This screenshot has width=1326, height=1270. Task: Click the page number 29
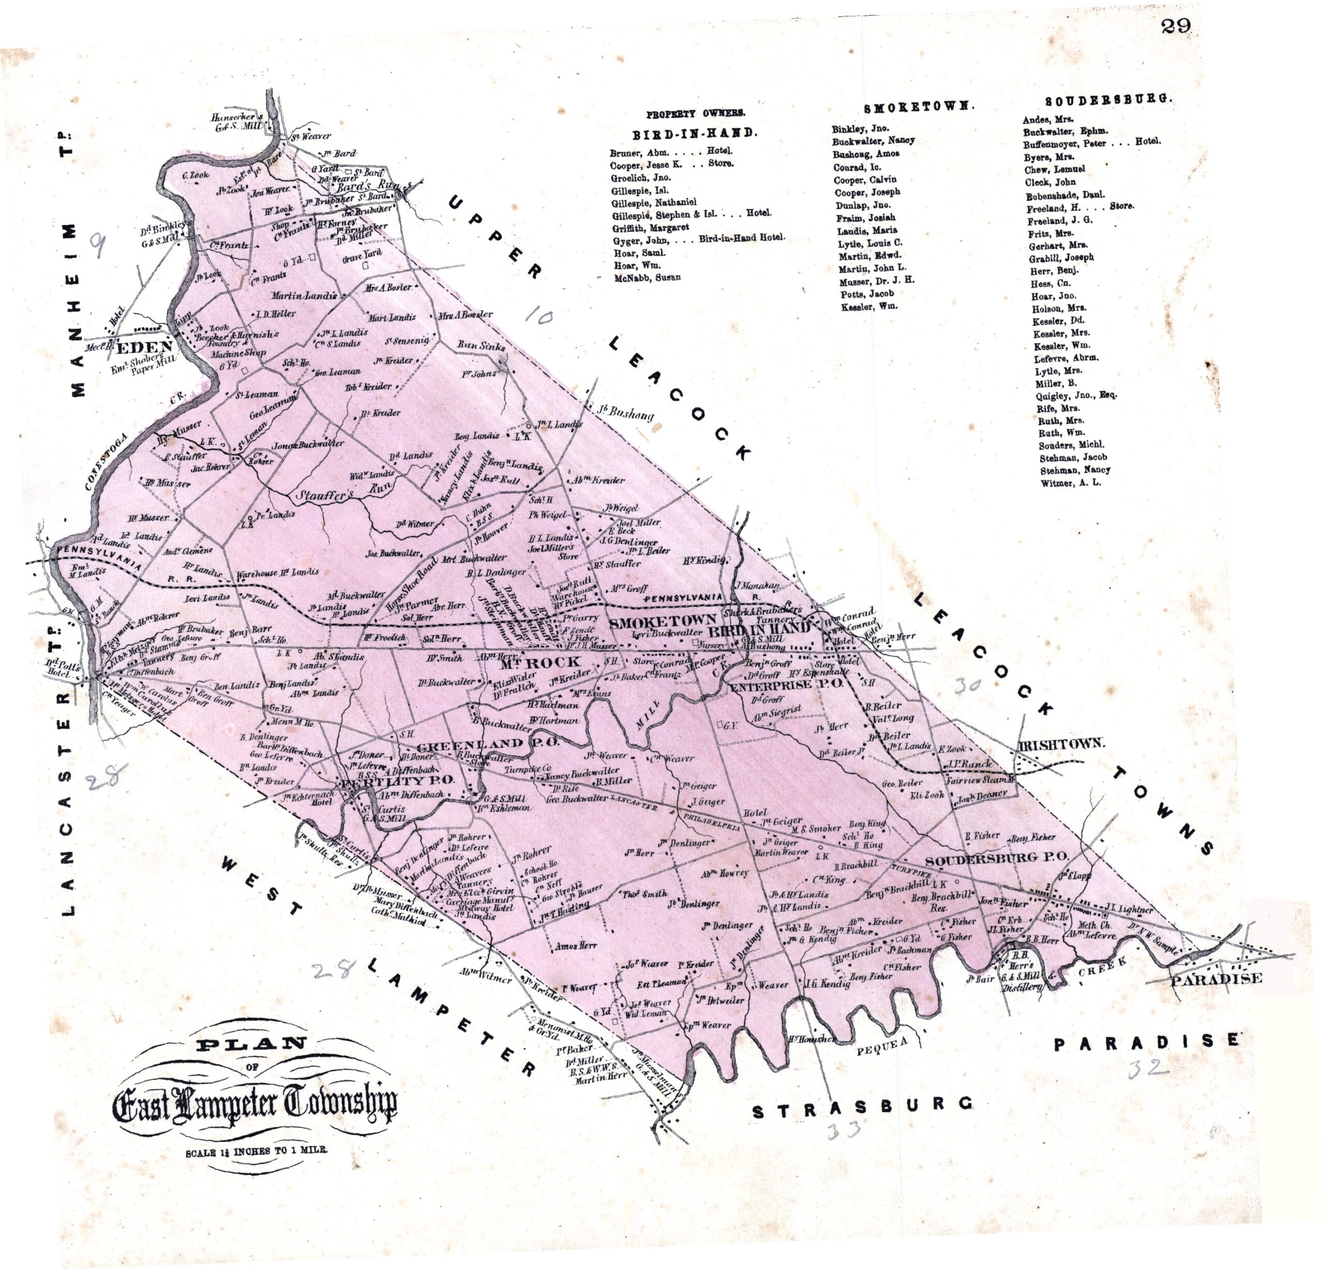point(1176,26)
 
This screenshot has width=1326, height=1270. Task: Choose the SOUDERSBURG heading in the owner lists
point(1107,99)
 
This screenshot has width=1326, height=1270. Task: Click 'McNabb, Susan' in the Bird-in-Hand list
point(647,277)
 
